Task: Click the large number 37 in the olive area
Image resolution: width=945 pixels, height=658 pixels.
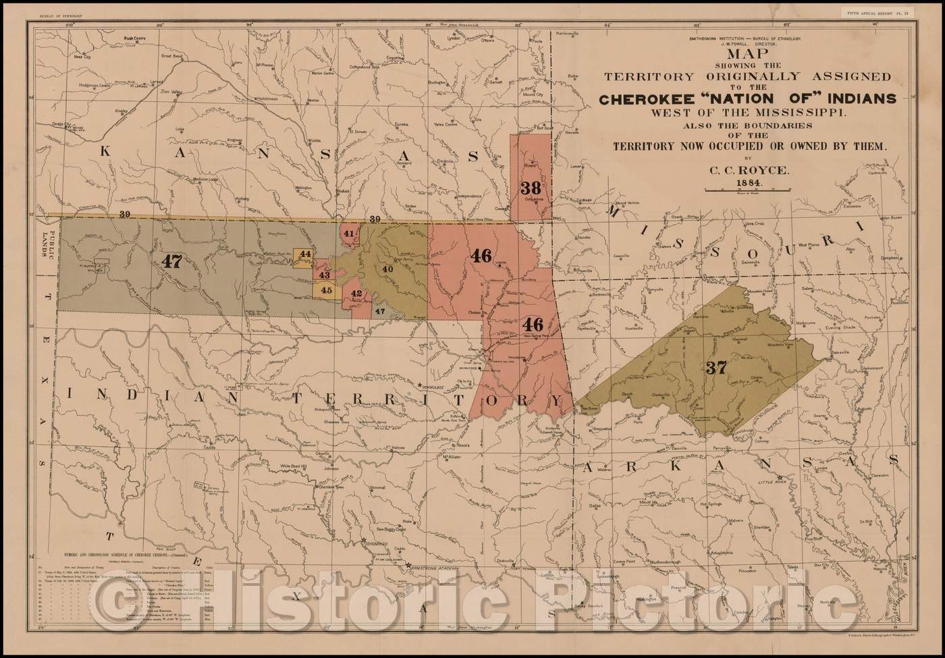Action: (x=715, y=368)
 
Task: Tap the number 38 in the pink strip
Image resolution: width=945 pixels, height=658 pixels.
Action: (x=531, y=189)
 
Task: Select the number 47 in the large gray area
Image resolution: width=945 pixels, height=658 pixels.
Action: (x=171, y=261)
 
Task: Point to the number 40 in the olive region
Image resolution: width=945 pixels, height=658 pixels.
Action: (x=387, y=269)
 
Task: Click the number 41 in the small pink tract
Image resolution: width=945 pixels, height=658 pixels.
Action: (x=349, y=234)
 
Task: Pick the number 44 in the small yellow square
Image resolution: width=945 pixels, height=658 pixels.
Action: (x=305, y=254)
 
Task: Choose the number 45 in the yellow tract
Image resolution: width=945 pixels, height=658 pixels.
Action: (x=327, y=290)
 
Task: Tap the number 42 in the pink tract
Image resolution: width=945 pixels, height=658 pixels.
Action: (x=356, y=294)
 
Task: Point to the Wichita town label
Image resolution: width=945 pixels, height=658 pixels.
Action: (x=315, y=142)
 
